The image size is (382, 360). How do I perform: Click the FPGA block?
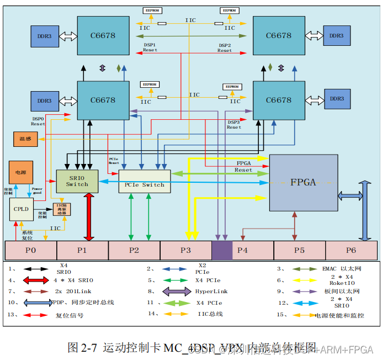303,182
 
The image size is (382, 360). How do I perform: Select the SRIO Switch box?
77,181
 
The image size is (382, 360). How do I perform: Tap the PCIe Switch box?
145,181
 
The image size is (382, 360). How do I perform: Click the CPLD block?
21,209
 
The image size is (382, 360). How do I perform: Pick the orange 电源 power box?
20,172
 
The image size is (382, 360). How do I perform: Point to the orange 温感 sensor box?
25,139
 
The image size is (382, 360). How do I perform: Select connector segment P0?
30,250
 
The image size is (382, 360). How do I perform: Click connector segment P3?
185,250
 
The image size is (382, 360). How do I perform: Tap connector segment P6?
351,250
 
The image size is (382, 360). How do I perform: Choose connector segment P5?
299,250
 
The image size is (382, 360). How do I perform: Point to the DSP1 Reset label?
150,47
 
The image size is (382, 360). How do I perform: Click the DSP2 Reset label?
225,47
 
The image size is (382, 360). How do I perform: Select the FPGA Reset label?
244,167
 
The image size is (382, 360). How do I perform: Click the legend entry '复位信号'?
69,316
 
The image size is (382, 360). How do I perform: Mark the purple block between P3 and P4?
222,250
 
